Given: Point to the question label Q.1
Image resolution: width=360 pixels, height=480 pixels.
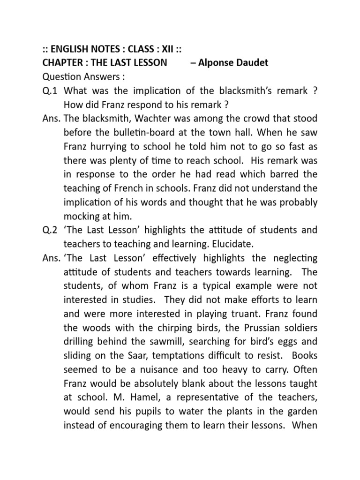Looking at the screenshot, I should pos(50,90).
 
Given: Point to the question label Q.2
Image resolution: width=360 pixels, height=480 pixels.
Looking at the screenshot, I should pos(50,230).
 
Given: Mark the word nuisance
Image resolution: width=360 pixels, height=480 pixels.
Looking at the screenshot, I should pos(154,370).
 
